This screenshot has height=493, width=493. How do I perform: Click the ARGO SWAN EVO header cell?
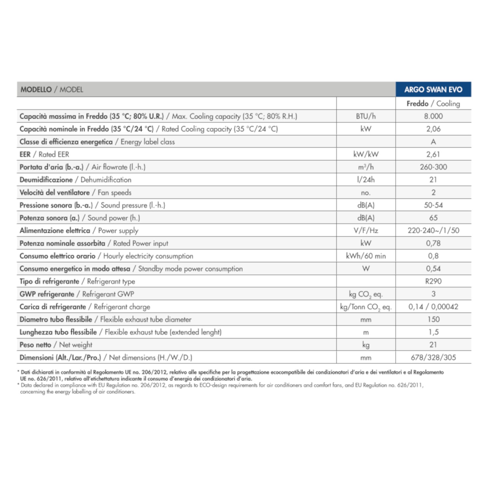[433, 89]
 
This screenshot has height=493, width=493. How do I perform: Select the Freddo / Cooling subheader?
[433, 104]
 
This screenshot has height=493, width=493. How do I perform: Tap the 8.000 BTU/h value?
[433, 116]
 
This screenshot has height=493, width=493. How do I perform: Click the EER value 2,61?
[433, 154]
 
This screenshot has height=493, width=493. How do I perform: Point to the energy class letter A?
[433, 142]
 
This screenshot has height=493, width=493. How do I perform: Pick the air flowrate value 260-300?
[433, 167]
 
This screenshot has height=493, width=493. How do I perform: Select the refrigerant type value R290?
[433, 281]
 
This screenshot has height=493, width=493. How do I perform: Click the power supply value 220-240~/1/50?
[433, 231]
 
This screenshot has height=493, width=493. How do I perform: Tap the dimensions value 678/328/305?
[433, 358]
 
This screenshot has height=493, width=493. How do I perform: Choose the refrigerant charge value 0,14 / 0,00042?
[433, 307]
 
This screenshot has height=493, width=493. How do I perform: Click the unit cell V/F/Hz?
[366, 231]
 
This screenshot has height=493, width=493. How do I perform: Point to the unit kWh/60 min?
[366, 256]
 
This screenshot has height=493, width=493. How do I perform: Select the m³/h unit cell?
[366, 167]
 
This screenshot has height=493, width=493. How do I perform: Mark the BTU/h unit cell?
[366, 116]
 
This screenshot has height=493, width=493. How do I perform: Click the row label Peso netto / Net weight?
[56, 345]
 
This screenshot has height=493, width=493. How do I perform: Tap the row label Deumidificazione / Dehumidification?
[75, 180]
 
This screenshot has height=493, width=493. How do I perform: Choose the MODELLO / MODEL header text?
[52, 90]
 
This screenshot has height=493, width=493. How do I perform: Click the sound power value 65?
[433, 218]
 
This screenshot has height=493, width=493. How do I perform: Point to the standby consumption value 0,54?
[433, 269]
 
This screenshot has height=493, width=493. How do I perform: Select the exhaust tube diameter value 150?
[433, 319]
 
